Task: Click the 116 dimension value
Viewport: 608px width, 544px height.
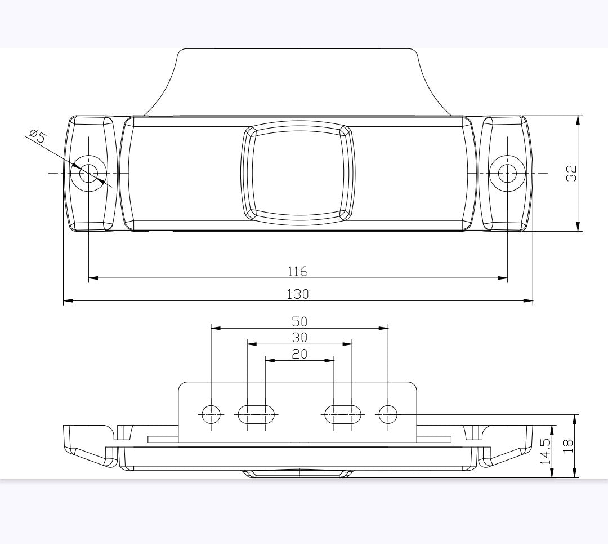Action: tap(298, 271)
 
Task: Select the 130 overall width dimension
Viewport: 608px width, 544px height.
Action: tap(298, 294)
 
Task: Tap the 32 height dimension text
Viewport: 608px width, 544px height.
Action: tap(571, 174)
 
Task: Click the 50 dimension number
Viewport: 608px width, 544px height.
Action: tap(299, 321)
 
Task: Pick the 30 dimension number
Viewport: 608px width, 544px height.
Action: tap(299, 337)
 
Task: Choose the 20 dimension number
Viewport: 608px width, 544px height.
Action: tap(299, 353)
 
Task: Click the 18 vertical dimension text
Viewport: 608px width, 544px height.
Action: tap(567, 446)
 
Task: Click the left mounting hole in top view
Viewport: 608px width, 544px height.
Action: tap(88, 173)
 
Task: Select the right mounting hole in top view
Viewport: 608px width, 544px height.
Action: tap(507, 173)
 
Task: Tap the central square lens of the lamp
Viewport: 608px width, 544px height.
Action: tap(298, 173)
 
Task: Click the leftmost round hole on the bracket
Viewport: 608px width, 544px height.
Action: tap(211, 414)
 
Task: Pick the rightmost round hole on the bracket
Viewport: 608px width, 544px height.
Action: tap(388, 414)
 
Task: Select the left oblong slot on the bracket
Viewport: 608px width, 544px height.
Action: tap(257, 414)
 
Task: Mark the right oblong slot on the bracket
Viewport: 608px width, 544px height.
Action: tap(342, 414)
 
